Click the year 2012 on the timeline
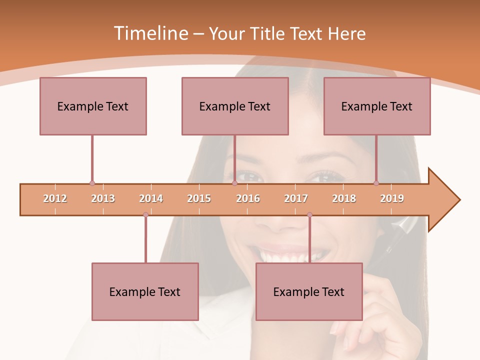click(x=55, y=198)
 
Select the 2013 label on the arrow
click(x=103, y=198)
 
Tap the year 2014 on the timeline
click(x=151, y=198)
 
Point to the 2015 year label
click(x=199, y=198)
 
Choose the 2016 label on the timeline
click(x=248, y=198)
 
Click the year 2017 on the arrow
click(x=296, y=198)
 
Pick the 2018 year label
click(x=344, y=198)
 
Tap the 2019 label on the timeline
click(x=392, y=198)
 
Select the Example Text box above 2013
click(x=93, y=106)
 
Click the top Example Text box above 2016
click(x=235, y=106)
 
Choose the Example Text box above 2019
click(x=377, y=106)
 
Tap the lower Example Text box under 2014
click(x=145, y=291)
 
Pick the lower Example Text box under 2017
click(x=309, y=291)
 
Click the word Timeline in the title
click(x=150, y=33)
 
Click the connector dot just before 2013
click(x=92, y=183)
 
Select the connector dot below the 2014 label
click(x=145, y=215)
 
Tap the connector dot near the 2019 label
click(x=376, y=183)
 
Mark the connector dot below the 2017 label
click(x=309, y=215)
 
